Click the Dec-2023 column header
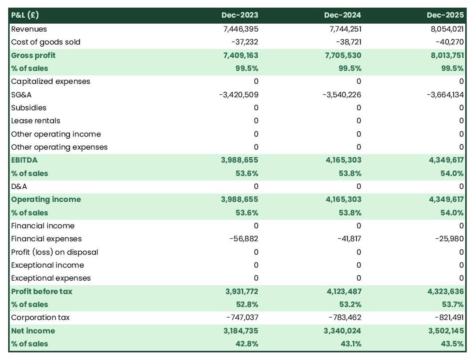239,15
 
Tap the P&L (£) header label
25,15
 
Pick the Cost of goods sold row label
45,42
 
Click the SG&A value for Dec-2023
239,94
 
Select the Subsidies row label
28,108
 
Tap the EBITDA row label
24,160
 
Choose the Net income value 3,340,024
342,330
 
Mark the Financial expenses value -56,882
244,239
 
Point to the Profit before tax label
41,291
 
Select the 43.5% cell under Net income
452,343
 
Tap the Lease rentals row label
36,121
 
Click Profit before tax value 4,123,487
342,291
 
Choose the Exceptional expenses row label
51,278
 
